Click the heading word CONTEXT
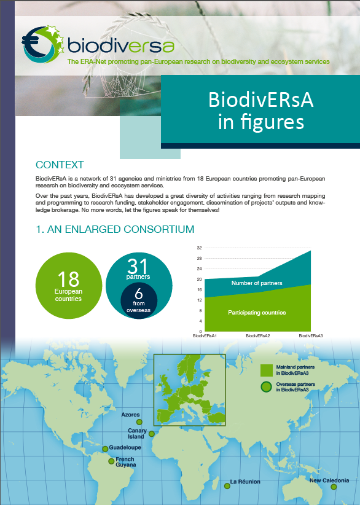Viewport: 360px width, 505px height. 60,165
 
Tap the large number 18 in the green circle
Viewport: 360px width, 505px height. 68,279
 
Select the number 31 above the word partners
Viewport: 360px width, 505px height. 138,266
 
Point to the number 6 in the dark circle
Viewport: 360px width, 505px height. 139,294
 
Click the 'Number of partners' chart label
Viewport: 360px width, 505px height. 257,283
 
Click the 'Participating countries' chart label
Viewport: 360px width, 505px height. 257,313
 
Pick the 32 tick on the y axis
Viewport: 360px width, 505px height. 199,248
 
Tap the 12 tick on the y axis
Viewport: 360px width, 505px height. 199,300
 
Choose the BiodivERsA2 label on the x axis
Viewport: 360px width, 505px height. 257,335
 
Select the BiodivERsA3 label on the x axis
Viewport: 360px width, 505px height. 310,335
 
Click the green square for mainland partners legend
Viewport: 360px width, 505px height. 267,370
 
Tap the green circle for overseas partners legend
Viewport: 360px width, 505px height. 266,387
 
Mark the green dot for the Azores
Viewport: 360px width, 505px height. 139,422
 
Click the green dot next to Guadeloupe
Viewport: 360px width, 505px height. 105,449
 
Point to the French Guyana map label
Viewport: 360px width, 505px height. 125,462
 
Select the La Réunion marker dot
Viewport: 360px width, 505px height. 227,486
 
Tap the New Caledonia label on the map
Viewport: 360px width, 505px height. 329,480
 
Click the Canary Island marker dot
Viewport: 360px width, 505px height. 151,434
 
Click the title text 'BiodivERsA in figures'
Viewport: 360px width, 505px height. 261,111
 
